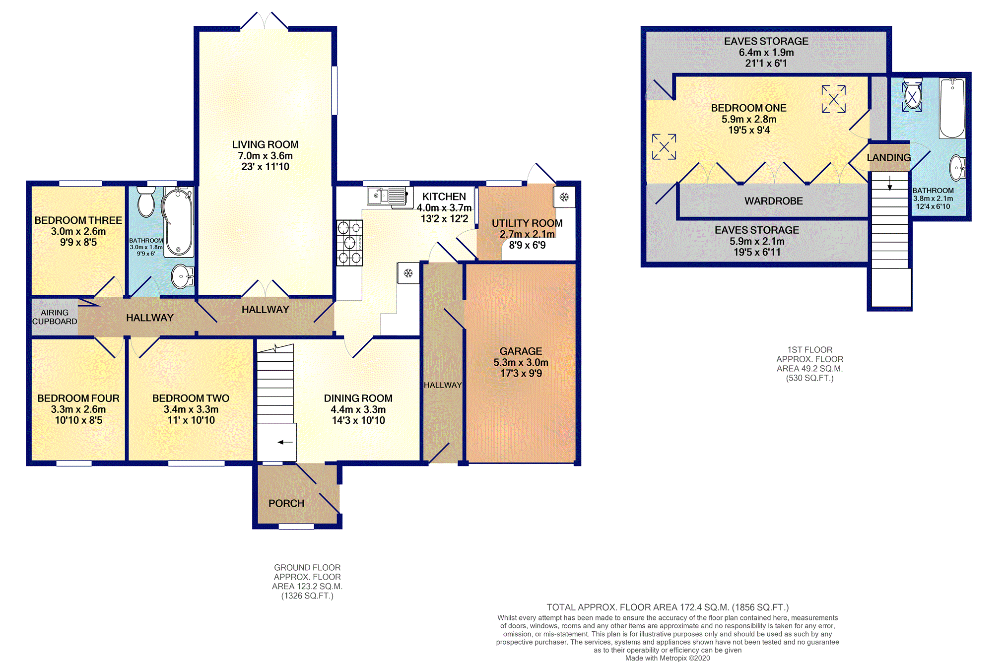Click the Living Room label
265,144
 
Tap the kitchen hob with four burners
349,243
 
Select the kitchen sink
390,196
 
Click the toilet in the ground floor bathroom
146,201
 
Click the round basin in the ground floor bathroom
183,276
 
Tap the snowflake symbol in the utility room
564,198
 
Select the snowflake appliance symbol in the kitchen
408,273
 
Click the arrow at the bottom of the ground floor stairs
285,442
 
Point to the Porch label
286,503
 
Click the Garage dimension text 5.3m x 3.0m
521,362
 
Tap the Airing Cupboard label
55,317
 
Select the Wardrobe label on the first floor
774,201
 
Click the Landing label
889,157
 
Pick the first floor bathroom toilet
912,94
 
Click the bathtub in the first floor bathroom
952,108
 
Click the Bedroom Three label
78,220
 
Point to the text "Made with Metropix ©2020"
668,658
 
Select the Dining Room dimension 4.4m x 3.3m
358,409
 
